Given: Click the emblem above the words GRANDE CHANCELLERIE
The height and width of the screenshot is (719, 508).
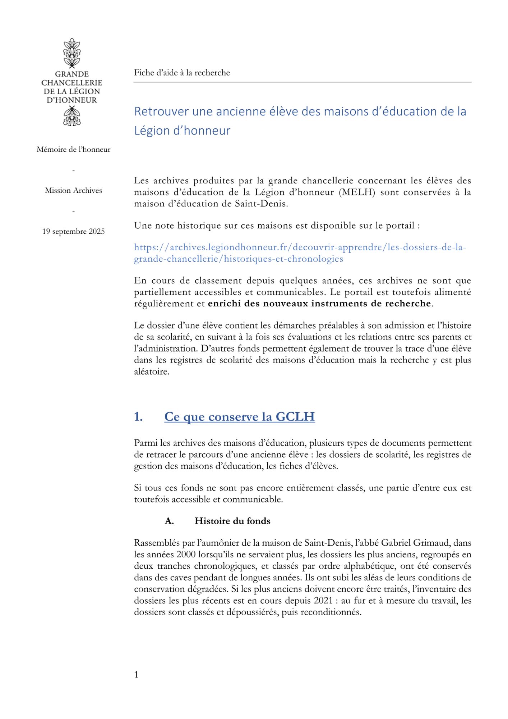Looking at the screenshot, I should pyautogui.click(x=72, y=53).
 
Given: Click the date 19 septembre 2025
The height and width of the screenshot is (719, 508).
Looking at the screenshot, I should pyautogui.click(x=73, y=232).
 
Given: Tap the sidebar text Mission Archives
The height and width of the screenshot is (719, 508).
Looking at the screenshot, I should pyautogui.click(x=73, y=191).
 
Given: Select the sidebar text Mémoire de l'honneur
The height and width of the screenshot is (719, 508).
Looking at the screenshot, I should pyautogui.click(x=73, y=150).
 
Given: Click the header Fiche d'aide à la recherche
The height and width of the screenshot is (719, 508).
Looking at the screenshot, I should pyautogui.click(x=182, y=73).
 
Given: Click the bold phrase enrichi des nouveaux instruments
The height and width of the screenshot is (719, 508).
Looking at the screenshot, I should pyautogui.click(x=295, y=304).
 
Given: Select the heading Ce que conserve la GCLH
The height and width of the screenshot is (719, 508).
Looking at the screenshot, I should pyautogui.click(x=239, y=417).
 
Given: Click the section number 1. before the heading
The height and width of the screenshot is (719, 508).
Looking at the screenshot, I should pyautogui.click(x=138, y=417).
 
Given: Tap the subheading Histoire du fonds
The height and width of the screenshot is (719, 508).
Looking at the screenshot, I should pyautogui.click(x=232, y=521).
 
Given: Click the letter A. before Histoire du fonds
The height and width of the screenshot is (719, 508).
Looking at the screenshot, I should pyautogui.click(x=169, y=521).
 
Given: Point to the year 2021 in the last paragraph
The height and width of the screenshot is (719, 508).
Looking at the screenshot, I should pyautogui.click(x=323, y=601).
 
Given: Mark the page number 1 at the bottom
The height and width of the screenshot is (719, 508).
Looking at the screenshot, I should pyautogui.click(x=136, y=675).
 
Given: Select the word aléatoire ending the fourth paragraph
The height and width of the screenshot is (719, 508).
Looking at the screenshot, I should pyautogui.click(x=151, y=372).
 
